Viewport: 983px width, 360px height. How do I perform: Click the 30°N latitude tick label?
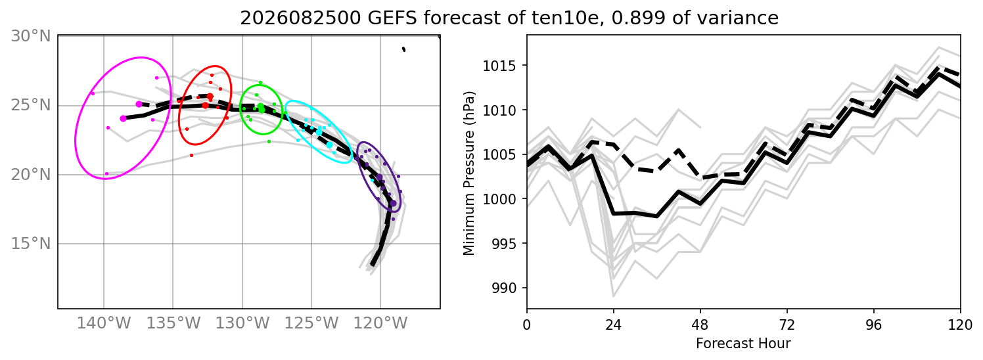31,36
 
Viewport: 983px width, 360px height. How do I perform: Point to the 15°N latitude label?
31,244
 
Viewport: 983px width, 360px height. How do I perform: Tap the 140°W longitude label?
104,324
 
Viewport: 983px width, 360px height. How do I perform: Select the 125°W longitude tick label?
311,324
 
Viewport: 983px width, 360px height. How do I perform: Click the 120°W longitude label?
380,324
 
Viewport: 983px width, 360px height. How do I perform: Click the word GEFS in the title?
390,18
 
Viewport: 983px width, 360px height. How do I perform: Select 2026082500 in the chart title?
300,18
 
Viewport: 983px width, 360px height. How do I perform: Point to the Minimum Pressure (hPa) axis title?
469,173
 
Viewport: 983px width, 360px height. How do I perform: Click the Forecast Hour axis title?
743,344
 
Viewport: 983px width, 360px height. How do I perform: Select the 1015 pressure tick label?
500,66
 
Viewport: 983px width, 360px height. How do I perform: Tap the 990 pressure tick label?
505,288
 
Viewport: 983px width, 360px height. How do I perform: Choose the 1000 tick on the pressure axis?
500,199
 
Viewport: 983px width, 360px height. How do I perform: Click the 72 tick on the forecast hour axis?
787,325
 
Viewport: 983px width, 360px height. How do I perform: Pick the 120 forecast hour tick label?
960,325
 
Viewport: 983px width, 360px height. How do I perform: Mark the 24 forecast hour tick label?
614,325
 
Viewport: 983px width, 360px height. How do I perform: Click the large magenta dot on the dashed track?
139,104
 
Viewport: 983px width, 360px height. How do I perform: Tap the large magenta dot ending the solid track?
124,118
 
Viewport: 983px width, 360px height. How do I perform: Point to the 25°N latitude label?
31,106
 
